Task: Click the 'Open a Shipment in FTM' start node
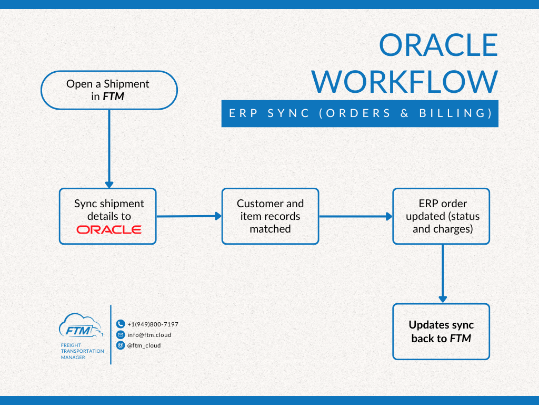108,90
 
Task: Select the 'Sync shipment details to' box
108,209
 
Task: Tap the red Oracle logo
109,230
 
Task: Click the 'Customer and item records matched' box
270,216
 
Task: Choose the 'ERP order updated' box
441,216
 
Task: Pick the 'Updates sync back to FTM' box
441,332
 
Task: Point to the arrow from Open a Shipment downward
109,148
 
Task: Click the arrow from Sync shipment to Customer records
188,216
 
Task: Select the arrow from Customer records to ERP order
355,216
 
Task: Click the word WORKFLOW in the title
404,82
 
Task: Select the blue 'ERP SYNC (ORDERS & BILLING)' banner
360,113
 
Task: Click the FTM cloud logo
80,326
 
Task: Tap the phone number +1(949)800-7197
153,324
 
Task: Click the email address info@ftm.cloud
149,335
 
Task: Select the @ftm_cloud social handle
144,345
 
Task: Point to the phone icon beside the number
121,324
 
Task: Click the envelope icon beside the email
121,335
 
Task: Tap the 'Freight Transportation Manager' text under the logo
82,351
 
